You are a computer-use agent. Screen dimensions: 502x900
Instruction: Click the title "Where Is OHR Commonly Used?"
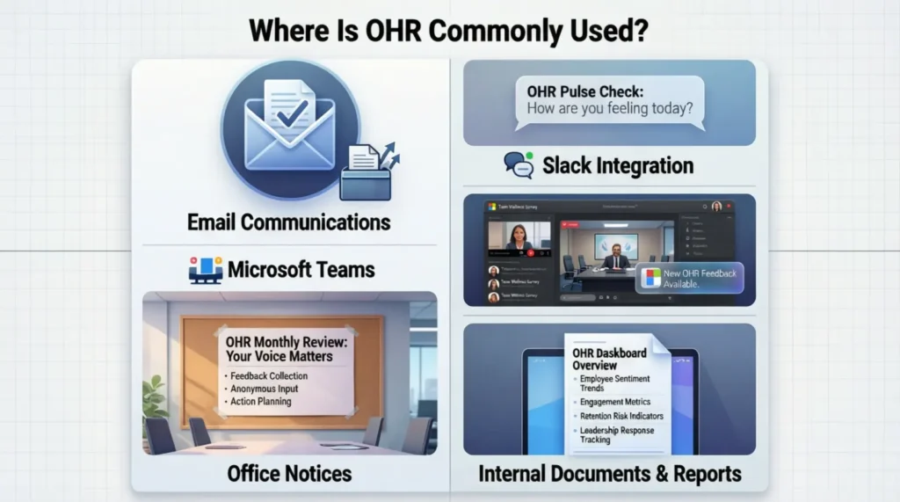449,30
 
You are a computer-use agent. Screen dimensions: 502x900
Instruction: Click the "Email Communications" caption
289,222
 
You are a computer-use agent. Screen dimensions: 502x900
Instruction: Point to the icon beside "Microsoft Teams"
206,270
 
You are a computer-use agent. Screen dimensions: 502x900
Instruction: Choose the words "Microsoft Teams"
301,269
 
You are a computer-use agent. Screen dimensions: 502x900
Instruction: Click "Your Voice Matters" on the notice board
279,357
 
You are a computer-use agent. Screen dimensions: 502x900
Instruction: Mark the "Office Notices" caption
289,474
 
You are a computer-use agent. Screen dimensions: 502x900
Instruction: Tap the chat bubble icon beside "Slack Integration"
519,165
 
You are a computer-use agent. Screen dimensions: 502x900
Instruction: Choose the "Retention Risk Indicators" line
621,416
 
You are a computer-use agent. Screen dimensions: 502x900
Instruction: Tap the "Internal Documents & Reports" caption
609,475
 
